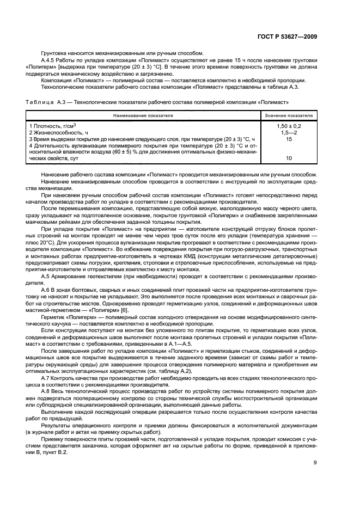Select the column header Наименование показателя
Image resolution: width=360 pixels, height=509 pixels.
click(x=143, y=116)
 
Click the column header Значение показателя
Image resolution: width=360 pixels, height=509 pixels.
click(x=289, y=116)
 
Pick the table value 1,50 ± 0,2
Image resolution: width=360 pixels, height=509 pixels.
click(x=289, y=126)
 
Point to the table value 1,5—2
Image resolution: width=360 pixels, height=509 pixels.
click(x=289, y=132)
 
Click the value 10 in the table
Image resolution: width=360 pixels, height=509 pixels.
click(x=289, y=158)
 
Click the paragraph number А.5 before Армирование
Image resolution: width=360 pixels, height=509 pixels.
click(x=46, y=277)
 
